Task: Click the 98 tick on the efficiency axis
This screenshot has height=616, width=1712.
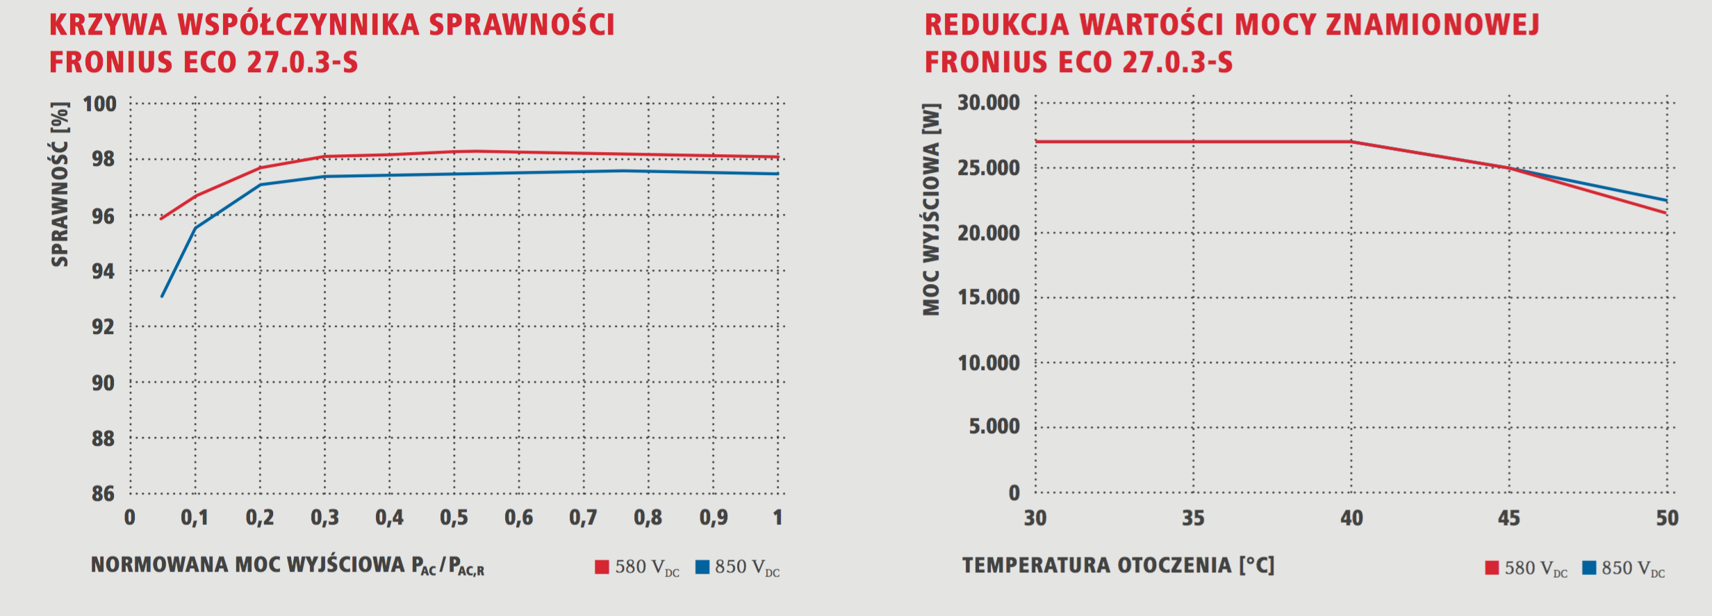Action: tap(103, 159)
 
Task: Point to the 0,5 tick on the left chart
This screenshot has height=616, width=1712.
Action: tap(454, 517)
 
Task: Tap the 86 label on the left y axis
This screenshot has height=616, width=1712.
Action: tap(103, 494)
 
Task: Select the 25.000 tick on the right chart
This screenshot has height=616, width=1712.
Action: tap(988, 168)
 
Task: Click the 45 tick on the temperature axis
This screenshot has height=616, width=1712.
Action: tap(1509, 518)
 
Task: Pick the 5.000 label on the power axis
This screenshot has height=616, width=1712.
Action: tap(994, 426)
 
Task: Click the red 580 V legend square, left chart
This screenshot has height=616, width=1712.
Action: tap(602, 567)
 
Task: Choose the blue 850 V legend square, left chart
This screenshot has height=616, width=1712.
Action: tap(702, 567)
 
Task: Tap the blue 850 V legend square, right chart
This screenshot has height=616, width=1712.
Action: tap(1589, 568)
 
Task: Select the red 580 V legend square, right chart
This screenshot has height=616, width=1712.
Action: tap(1492, 568)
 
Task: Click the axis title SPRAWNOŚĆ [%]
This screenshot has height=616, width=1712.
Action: tap(60, 184)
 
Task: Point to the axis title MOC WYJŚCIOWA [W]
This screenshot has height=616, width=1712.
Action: tap(931, 209)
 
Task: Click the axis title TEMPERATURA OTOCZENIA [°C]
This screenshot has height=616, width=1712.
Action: tap(1118, 565)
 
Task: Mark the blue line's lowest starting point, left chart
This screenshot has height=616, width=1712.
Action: tap(162, 297)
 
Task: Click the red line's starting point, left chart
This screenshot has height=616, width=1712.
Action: tap(161, 219)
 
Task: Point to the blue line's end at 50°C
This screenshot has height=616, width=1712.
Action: tap(1666, 201)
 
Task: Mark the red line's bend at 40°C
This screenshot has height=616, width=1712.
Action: tap(1351, 142)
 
